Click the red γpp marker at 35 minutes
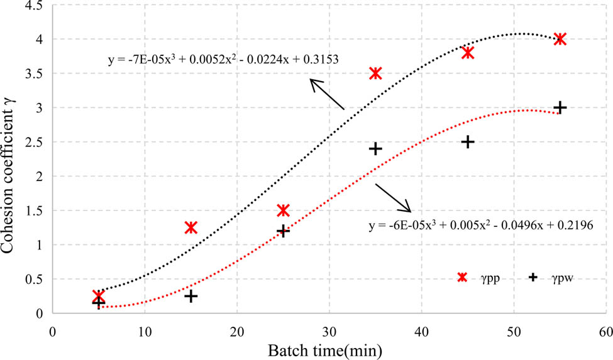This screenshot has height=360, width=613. coord(376,73)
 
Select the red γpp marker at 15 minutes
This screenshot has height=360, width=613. coord(191,227)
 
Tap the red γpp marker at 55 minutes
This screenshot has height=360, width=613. coord(560,39)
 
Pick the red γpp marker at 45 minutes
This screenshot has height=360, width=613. coord(468,53)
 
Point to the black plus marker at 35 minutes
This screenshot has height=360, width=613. coord(376,148)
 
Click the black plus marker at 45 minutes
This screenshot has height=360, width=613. coord(468,142)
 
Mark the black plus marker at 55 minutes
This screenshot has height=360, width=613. coord(560,107)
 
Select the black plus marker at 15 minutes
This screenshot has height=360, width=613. coord(191,296)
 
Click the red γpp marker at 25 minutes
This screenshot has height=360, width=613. coord(284,210)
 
